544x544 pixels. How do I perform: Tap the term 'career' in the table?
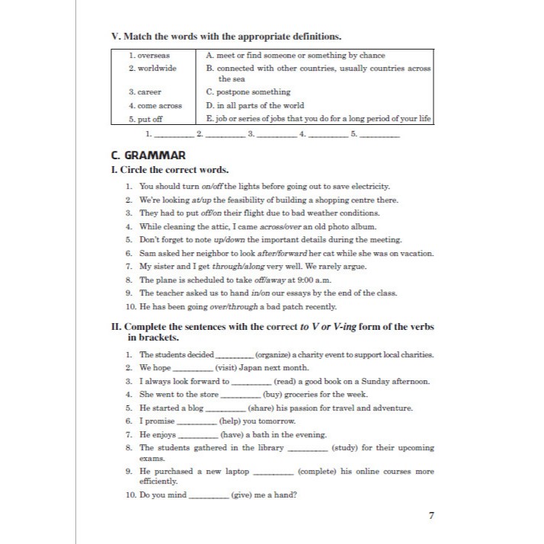(144, 92)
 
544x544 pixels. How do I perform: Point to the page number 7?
(431, 516)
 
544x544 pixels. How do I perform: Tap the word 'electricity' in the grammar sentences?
(369, 186)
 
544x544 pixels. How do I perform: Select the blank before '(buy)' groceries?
(239, 395)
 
